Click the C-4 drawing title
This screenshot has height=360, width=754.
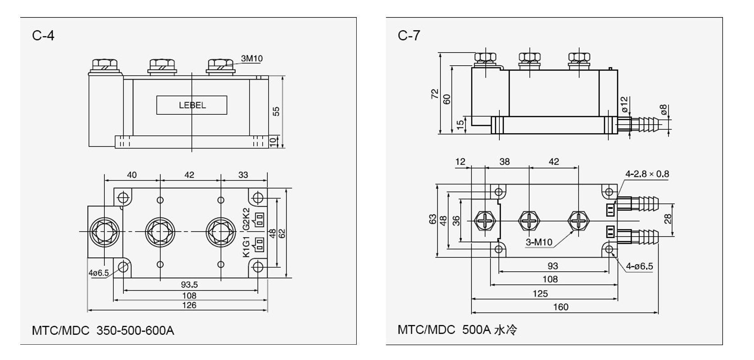point(43,36)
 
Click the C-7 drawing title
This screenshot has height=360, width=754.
point(408,36)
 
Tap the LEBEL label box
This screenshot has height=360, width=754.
point(192,105)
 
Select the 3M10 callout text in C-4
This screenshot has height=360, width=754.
point(252,58)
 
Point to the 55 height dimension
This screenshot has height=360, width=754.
point(276,111)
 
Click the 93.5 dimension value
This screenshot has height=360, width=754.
point(189,285)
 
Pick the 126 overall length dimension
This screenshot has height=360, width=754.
point(189,305)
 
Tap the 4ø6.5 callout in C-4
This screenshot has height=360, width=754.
point(99,273)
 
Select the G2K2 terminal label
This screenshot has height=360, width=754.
point(246,218)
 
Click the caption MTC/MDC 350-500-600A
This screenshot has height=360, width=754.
point(103,330)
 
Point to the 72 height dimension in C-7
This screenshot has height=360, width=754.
point(435,94)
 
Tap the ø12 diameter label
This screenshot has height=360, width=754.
point(624,104)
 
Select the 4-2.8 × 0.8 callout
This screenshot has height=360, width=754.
point(647,174)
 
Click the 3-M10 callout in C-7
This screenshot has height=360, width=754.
point(539,243)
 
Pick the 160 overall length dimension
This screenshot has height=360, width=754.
point(561,307)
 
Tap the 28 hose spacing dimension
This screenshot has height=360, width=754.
point(668,219)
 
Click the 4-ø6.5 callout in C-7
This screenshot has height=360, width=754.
point(639,266)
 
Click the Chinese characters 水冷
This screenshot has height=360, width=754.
point(506,330)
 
